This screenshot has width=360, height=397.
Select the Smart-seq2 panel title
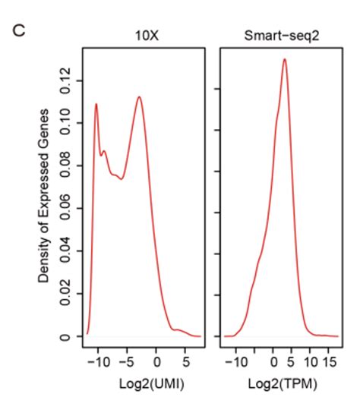[276, 35]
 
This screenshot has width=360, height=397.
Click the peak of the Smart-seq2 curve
[284, 59]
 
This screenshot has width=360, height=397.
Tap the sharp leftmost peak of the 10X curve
[96, 104]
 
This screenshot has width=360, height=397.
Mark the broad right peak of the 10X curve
[140, 96]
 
